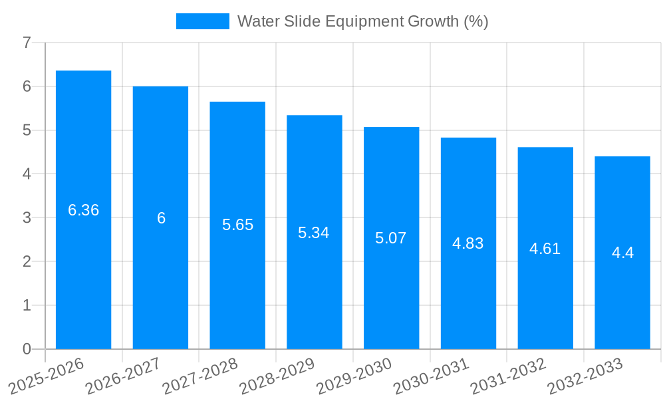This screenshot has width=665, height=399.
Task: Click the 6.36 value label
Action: tap(83, 210)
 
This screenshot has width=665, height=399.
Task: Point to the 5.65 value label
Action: tap(237, 225)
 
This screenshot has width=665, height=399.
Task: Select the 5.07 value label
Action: tap(390, 238)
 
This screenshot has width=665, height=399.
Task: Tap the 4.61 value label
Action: tap(545, 249)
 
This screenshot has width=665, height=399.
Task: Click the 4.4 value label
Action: tap(622, 253)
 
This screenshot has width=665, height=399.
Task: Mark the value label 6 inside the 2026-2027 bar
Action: tap(161, 218)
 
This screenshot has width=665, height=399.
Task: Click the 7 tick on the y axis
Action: tap(27, 43)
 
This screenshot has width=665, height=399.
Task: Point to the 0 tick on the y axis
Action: tap(27, 349)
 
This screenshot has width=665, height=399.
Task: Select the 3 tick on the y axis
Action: tap(27, 217)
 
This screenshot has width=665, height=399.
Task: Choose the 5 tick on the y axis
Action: tap(27, 130)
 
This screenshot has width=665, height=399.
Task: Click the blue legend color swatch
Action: tap(202, 21)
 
